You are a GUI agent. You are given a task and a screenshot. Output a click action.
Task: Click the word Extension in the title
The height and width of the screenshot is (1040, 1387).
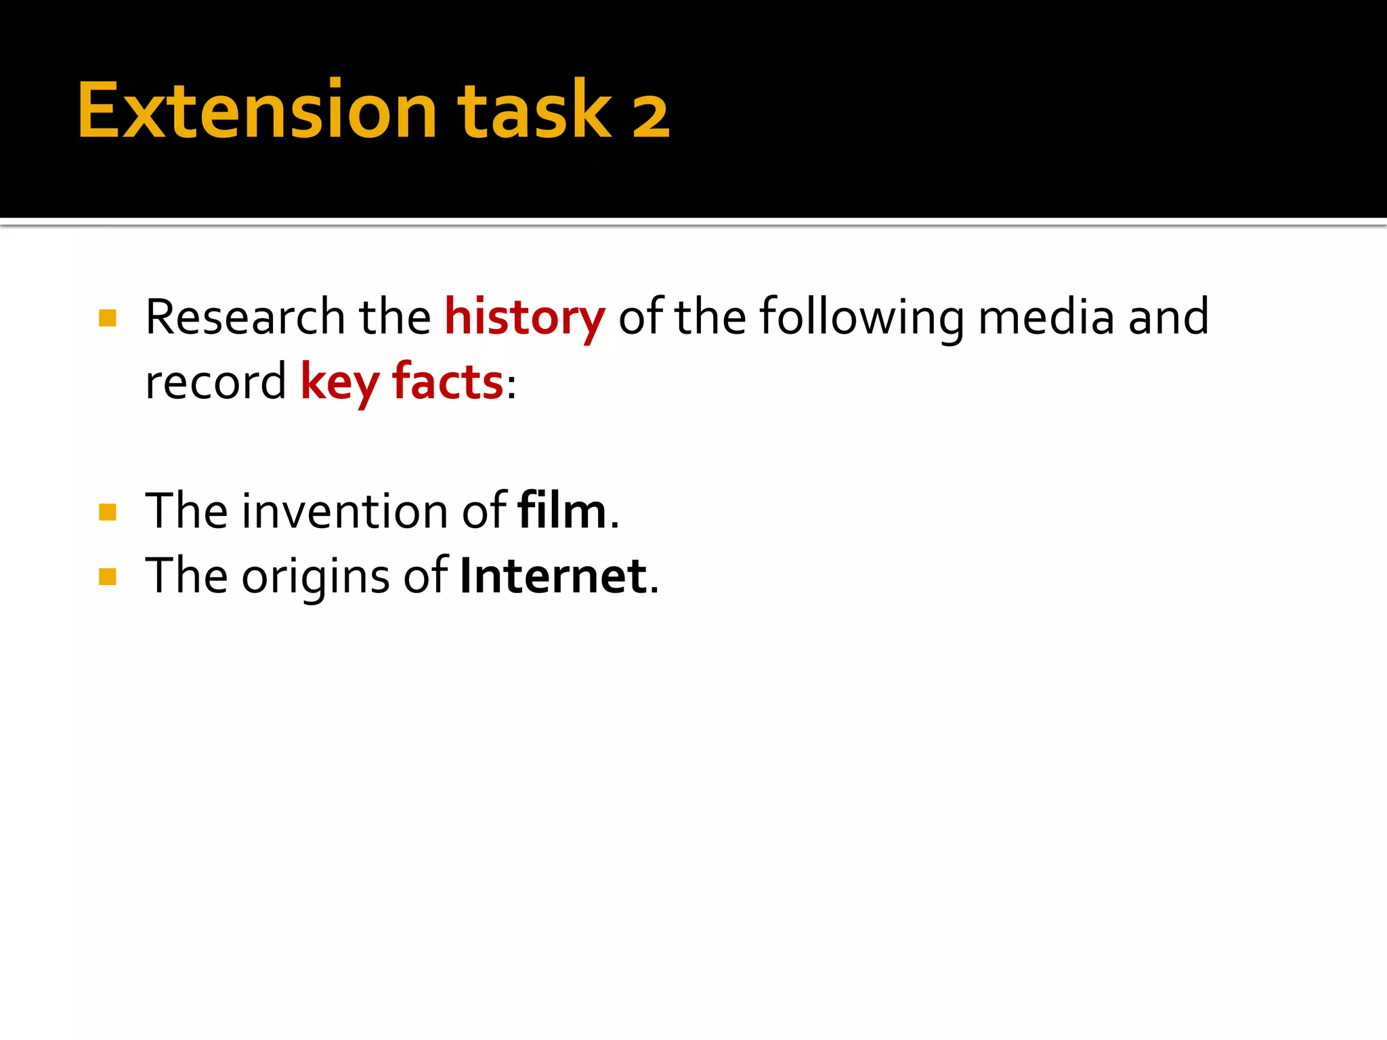(x=257, y=110)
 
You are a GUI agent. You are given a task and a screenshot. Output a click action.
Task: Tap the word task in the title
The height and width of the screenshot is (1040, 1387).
(x=534, y=110)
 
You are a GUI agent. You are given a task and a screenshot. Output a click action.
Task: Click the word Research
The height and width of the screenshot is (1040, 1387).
(x=245, y=317)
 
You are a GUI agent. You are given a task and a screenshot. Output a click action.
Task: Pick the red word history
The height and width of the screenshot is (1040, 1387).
(x=525, y=318)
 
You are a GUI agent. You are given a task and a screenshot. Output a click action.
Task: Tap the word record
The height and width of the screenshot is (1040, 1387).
(x=216, y=382)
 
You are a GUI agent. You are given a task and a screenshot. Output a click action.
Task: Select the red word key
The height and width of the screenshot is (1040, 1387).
(x=339, y=383)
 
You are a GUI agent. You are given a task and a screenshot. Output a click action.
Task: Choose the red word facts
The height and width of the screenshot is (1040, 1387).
(x=448, y=382)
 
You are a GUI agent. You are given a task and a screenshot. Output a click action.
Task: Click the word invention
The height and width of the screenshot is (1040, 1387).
(x=345, y=511)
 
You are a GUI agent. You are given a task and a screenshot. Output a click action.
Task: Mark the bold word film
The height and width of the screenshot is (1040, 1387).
(x=561, y=511)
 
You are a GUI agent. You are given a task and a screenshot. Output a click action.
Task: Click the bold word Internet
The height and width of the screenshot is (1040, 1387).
(x=553, y=576)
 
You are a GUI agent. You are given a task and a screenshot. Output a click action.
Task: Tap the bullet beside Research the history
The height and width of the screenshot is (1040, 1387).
(x=108, y=318)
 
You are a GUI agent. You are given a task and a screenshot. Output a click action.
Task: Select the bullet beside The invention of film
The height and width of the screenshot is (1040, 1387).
(x=108, y=512)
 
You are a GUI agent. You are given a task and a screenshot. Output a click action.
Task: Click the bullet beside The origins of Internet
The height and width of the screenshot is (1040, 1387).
(x=108, y=577)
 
